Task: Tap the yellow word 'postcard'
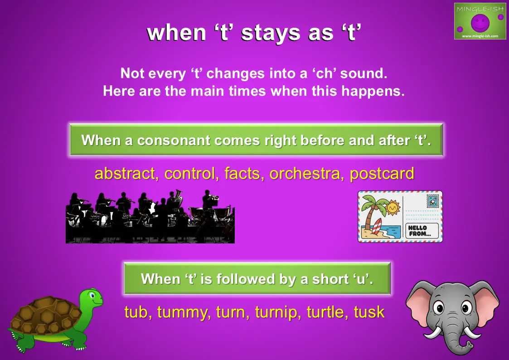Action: click(x=382, y=174)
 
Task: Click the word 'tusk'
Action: click(x=369, y=312)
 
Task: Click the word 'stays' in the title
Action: click(x=271, y=33)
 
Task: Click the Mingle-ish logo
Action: click(x=480, y=21)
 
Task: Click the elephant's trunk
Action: click(x=457, y=338)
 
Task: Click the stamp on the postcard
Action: click(x=433, y=201)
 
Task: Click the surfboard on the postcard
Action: click(x=377, y=226)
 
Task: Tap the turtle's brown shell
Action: click(x=45, y=314)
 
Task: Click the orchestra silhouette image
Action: click(x=150, y=217)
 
